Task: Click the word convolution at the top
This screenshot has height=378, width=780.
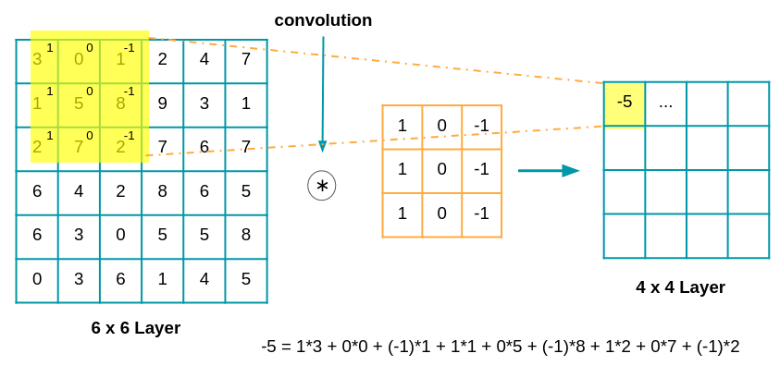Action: (x=323, y=20)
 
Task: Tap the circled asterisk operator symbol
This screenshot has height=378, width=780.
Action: (x=322, y=186)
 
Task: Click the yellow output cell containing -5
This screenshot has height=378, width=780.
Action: (x=625, y=103)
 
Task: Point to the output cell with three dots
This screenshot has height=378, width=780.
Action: (x=665, y=103)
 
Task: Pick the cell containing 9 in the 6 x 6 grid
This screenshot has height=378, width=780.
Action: (x=162, y=104)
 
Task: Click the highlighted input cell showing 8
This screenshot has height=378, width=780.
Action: (x=120, y=104)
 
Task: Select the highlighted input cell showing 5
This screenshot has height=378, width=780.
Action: (x=79, y=104)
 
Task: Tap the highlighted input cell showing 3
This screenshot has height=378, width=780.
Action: (x=37, y=60)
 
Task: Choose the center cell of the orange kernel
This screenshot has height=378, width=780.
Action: (x=441, y=170)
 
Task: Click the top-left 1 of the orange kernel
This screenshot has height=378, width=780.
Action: (x=402, y=126)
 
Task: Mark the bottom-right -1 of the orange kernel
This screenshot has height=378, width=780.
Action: (x=481, y=213)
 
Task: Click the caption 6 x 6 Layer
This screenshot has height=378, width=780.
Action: (x=136, y=328)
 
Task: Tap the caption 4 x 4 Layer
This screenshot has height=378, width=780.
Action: (x=680, y=287)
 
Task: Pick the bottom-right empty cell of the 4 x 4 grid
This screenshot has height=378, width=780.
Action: (x=748, y=236)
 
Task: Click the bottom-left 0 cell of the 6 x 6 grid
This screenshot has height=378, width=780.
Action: (x=37, y=280)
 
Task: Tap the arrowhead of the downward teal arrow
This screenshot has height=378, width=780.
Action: (x=322, y=146)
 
